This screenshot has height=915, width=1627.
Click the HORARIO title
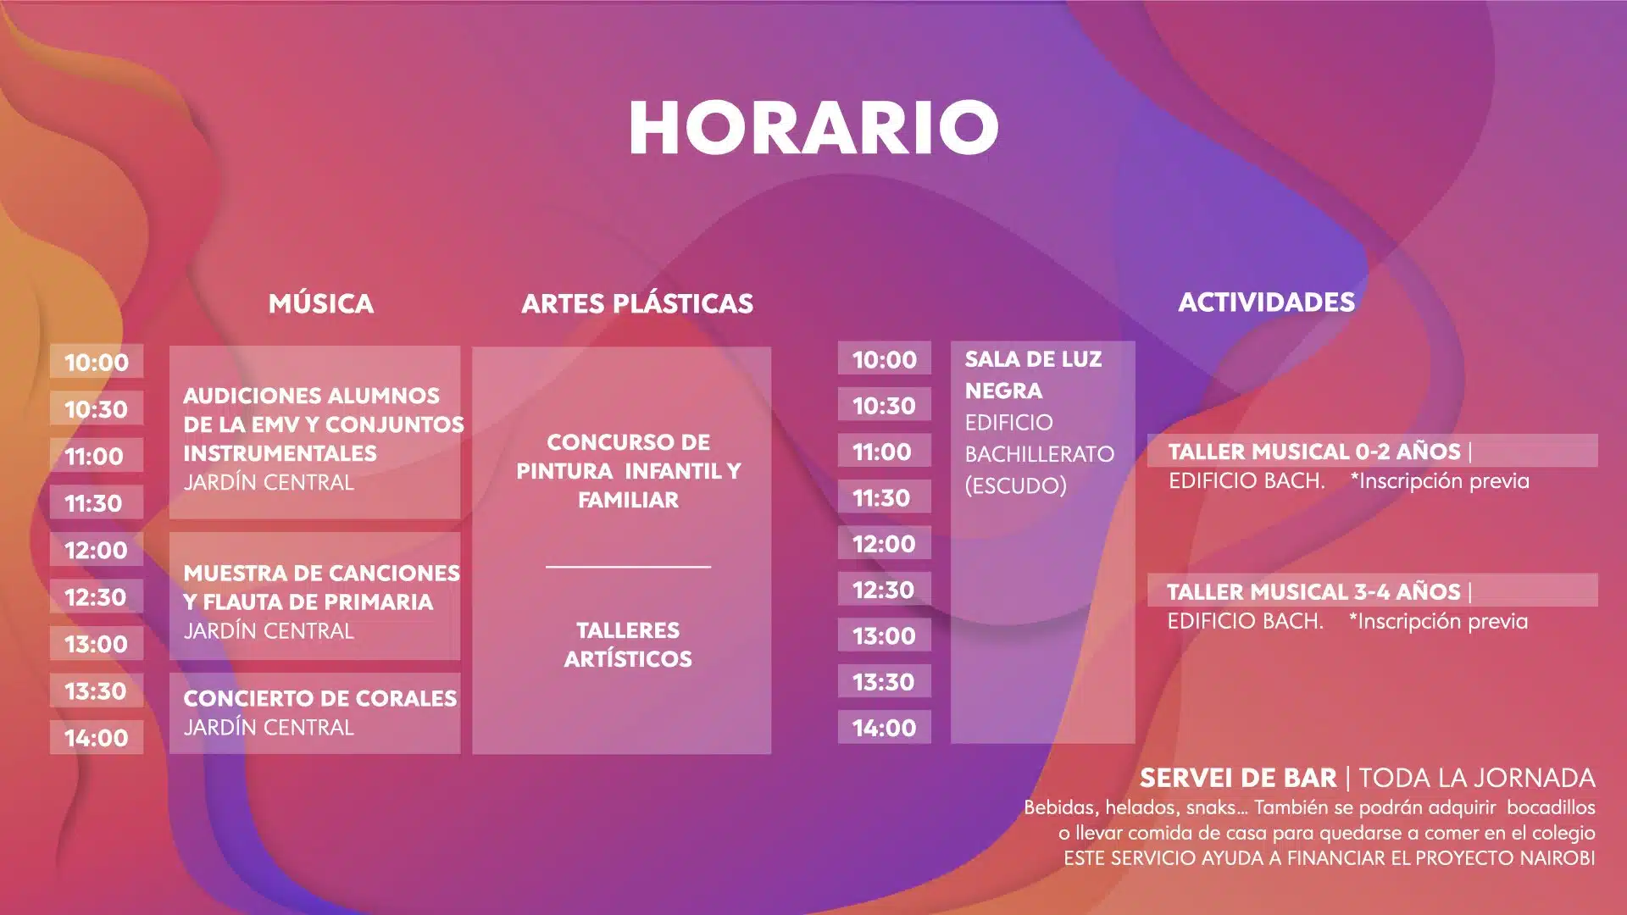813,128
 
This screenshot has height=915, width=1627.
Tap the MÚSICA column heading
321,302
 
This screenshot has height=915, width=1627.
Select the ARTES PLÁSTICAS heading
637,303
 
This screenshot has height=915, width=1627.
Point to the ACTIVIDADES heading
1267,302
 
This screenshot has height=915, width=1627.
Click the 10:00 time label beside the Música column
97,363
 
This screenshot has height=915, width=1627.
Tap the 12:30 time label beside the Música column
96,597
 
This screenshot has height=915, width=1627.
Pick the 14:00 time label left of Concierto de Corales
97,738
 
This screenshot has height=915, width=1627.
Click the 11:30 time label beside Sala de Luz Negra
882,498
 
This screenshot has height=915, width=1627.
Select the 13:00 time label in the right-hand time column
884,636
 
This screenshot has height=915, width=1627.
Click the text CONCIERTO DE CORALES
320,698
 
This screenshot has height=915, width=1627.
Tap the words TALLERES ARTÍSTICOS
628,645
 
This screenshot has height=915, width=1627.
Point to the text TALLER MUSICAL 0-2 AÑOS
1314,452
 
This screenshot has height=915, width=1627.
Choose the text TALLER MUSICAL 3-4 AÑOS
1313,591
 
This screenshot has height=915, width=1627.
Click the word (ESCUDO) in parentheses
1015,485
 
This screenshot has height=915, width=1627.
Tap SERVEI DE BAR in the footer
1238,778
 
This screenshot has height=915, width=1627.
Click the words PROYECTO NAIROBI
1505,858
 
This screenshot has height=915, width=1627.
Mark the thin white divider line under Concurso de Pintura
628,567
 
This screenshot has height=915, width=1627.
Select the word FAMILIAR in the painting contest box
628,500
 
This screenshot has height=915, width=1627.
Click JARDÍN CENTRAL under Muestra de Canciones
269,631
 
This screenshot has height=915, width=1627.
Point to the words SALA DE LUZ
1033,359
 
